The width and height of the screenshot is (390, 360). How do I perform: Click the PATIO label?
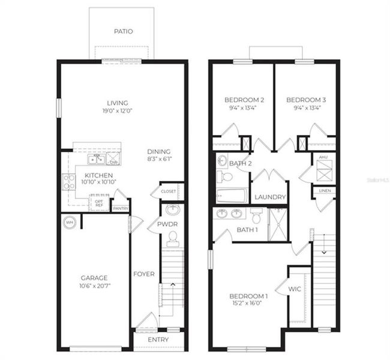(x=123, y=31)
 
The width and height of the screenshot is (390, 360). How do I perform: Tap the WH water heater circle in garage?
(x=70, y=223)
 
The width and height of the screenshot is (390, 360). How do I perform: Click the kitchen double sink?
(x=95, y=160)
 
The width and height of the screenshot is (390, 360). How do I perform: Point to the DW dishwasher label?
(x=114, y=163)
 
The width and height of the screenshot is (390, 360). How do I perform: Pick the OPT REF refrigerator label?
(x=99, y=203)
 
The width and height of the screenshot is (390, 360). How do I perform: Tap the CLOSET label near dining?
(x=169, y=191)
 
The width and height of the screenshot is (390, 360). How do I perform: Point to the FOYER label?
(x=144, y=274)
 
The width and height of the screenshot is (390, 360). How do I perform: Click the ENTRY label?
(x=158, y=340)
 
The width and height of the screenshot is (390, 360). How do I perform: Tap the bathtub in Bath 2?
(x=232, y=196)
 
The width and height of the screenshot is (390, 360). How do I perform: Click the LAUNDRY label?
(x=269, y=197)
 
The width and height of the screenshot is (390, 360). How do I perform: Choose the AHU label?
(x=323, y=158)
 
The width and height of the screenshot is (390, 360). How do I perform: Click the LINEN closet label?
(x=325, y=191)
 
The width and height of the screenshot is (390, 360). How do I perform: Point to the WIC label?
(x=295, y=289)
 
